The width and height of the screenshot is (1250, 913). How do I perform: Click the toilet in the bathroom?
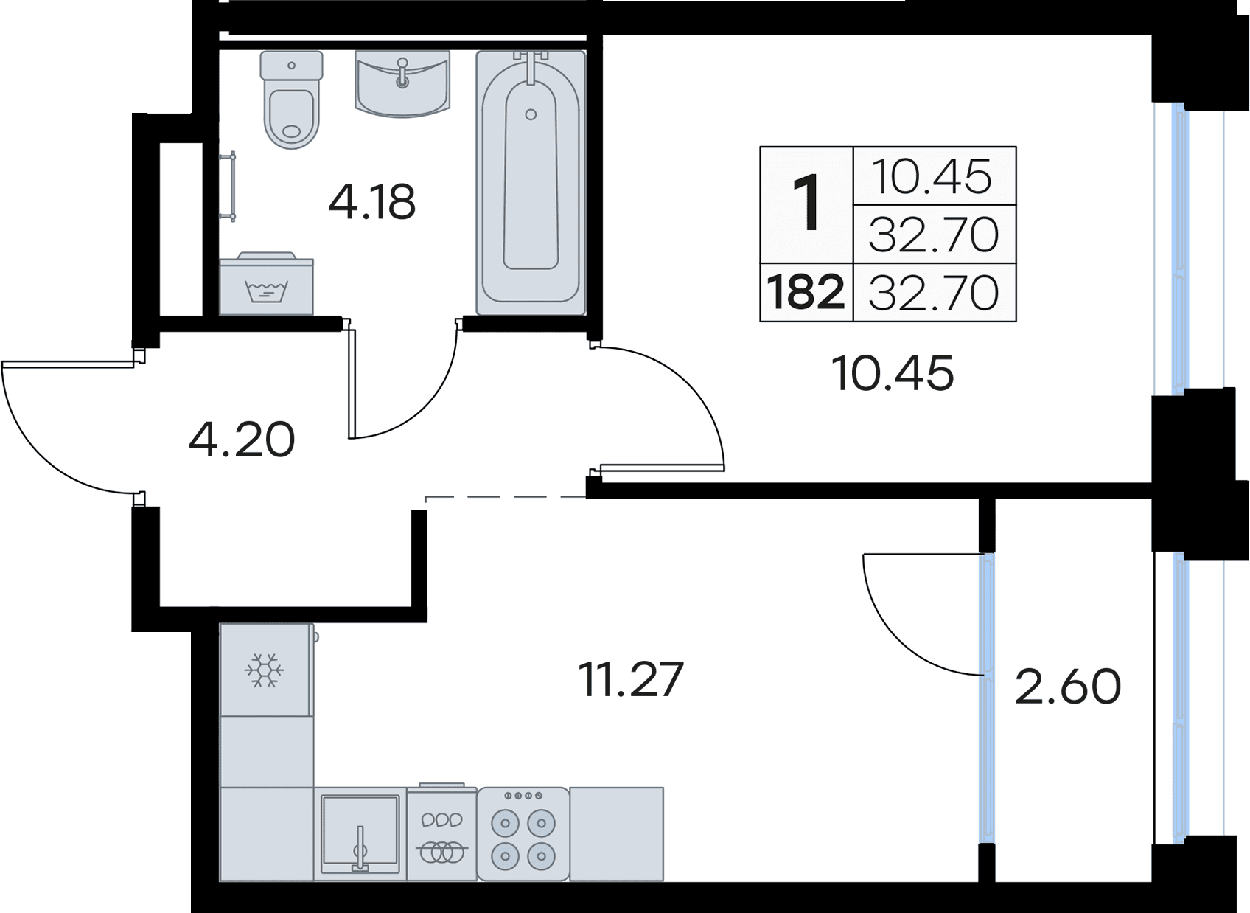(x=292, y=103)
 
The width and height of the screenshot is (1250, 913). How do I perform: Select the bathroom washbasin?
(x=402, y=83)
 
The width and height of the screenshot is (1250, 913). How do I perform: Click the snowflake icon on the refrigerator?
(x=264, y=670)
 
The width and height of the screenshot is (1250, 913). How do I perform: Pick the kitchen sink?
(x=360, y=833)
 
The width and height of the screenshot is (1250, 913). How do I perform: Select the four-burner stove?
(x=523, y=834)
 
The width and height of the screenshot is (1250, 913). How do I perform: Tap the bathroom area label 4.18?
(x=372, y=202)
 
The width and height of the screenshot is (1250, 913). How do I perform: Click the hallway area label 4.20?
(x=242, y=440)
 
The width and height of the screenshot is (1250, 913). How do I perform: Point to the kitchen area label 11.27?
(x=631, y=679)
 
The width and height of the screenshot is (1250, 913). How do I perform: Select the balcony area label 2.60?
(x=1068, y=686)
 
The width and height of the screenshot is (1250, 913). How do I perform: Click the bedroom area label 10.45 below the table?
(x=892, y=373)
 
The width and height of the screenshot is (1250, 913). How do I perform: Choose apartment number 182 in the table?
(x=806, y=292)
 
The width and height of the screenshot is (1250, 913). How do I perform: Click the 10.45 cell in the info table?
(x=933, y=176)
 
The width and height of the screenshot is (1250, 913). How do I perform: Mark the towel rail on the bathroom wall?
(x=231, y=186)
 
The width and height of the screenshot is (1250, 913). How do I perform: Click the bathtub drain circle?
(x=531, y=114)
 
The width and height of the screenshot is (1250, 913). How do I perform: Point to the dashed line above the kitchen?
(x=505, y=498)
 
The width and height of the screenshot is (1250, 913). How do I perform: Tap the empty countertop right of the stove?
(x=617, y=833)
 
